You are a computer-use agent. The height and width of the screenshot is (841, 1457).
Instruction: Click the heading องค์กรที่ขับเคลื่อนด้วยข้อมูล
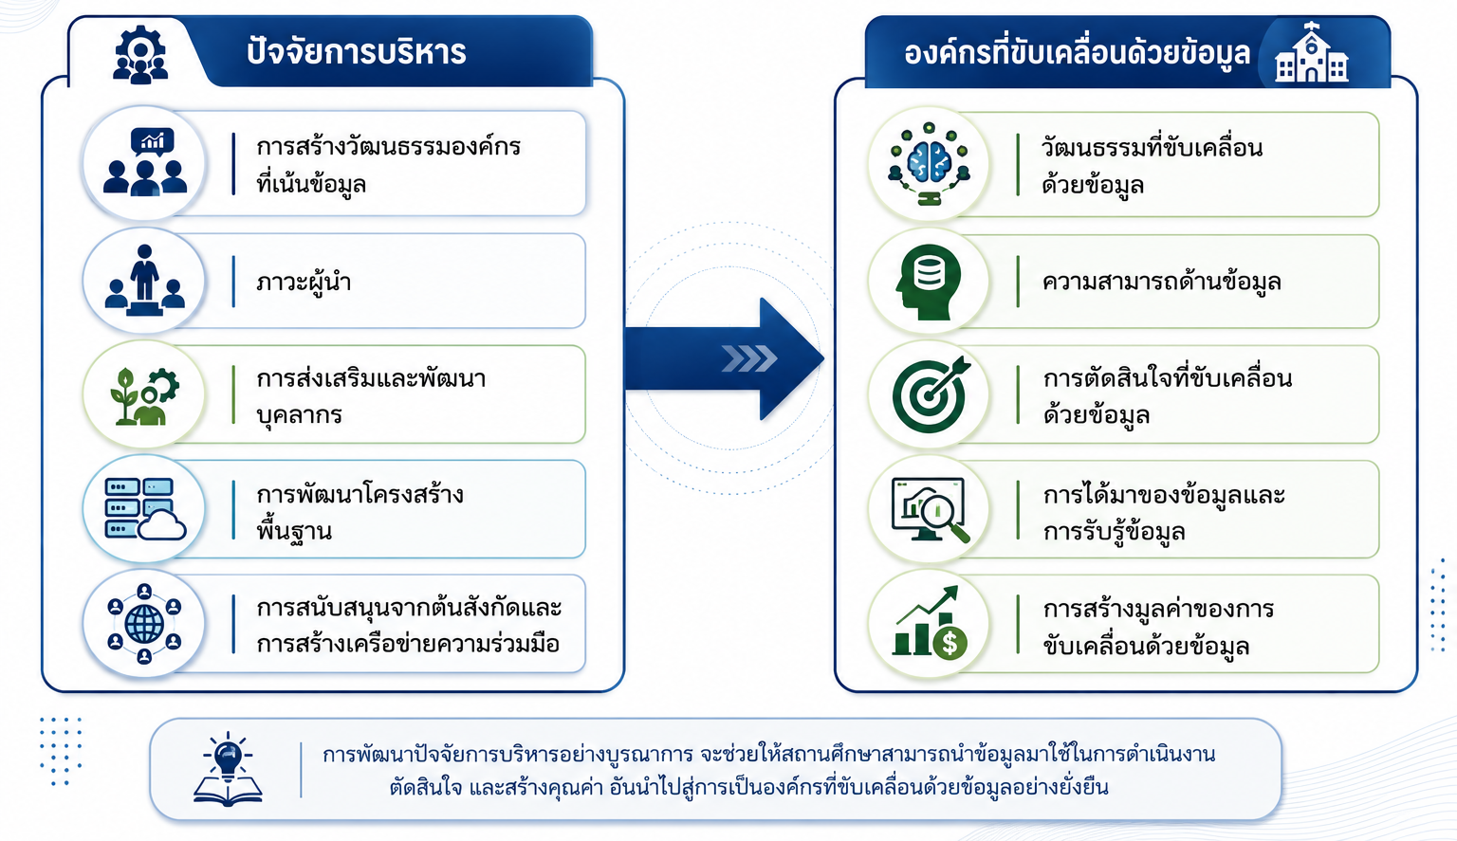point(1077,52)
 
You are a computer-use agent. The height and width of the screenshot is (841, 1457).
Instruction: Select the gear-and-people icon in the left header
point(139,55)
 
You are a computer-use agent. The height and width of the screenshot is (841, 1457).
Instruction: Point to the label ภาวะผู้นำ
point(304,283)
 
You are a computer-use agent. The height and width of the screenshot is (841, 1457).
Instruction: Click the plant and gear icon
point(144,396)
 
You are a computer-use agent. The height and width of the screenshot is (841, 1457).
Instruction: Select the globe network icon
point(144,624)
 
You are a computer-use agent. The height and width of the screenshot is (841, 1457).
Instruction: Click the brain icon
point(930,162)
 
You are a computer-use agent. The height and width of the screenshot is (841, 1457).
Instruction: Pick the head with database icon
point(929,282)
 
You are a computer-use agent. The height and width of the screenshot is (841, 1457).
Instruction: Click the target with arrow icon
point(931,393)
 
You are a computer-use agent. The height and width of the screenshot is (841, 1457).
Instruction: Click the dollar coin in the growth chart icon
point(950,643)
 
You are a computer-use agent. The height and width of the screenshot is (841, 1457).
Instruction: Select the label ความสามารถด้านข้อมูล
point(1161,282)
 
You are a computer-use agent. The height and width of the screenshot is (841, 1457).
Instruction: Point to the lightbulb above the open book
point(228,757)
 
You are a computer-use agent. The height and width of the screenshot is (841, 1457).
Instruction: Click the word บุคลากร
point(299,414)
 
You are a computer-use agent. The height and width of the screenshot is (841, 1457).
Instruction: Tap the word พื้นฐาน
point(294,530)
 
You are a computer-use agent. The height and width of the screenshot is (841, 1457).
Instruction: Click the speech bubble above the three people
point(153,141)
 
